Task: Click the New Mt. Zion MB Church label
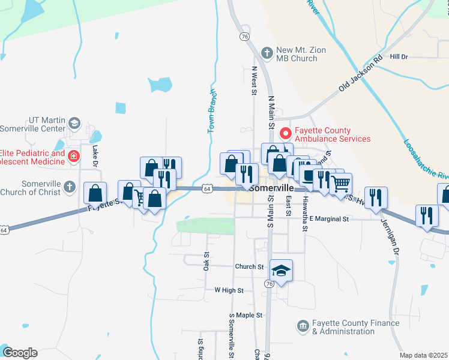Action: (x=301, y=55)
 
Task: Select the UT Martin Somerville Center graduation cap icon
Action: (x=74, y=124)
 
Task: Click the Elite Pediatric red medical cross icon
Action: (x=73, y=157)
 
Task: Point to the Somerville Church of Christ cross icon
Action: (x=70, y=186)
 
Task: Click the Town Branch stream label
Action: (x=212, y=112)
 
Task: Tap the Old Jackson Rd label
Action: (x=360, y=74)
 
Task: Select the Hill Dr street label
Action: (x=399, y=56)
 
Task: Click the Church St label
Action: (x=249, y=266)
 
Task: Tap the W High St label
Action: (x=229, y=290)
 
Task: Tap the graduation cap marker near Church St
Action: (x=281, y=271)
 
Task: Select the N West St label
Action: (x=254, y=82)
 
